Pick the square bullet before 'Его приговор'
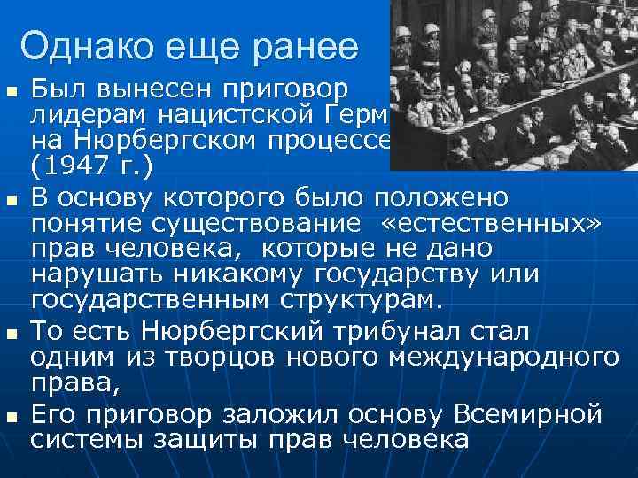[x=11, y=414]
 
